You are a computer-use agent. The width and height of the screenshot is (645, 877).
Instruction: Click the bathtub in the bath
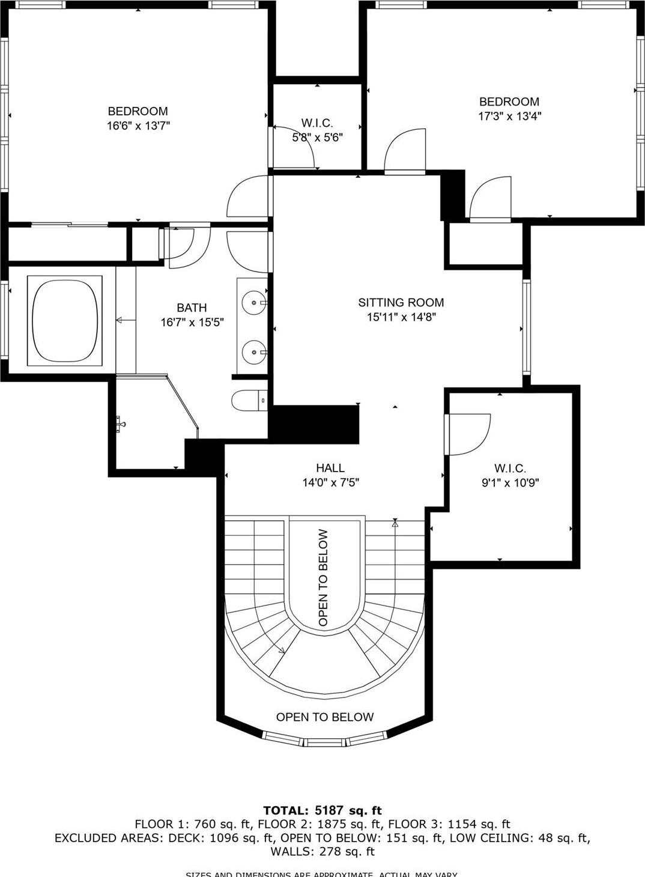[x=65, y=320]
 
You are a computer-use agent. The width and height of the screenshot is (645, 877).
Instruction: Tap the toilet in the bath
[x=248, y=400]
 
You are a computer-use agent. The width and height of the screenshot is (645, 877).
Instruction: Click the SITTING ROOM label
[x=401, y=303]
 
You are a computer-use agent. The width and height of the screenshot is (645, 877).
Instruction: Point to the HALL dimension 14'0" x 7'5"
[x=330, y=482]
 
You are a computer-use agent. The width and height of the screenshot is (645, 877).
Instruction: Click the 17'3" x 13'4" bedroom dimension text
[x=509, y=117]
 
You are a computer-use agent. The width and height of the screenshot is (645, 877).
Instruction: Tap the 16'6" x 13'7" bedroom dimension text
[x=138, y=126]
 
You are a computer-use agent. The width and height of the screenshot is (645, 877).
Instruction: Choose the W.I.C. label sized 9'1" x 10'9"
[x=510, y=468]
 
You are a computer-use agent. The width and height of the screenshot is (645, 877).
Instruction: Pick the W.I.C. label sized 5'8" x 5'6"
[x=316, y=123]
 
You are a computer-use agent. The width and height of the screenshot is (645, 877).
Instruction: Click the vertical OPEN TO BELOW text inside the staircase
[x=324, y=577]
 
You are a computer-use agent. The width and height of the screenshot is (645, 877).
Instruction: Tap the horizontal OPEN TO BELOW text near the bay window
[x=324, y=717]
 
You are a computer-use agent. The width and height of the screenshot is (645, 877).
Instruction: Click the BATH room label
[x=192, y=308]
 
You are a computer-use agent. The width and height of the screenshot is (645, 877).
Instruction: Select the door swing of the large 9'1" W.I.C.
[x=468, y=434]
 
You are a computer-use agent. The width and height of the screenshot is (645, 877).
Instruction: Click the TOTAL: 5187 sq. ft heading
[x=322, y=811]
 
